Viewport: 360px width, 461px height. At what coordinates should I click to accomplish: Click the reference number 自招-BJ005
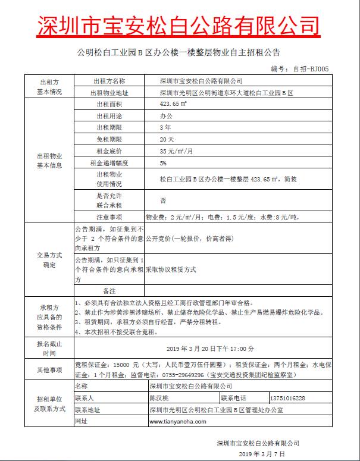311,68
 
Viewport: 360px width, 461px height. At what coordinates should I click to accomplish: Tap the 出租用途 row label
109,116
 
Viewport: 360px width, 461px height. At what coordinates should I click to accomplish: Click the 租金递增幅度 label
109,162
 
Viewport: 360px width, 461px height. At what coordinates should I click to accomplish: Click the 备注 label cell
109,290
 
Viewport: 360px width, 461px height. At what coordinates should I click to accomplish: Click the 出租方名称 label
109,81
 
